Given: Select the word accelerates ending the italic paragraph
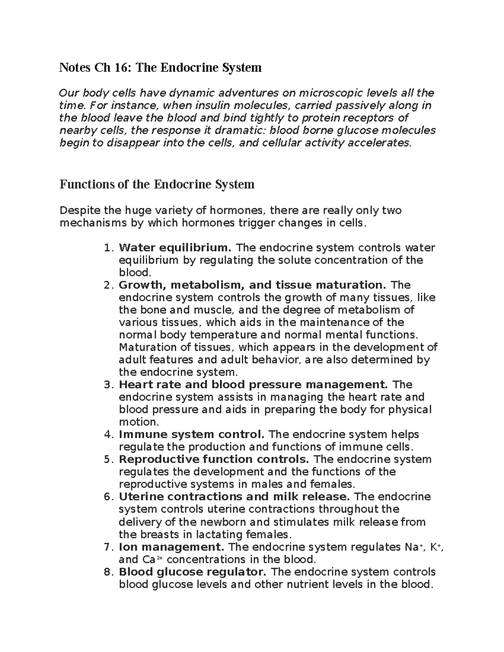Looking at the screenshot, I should click(x=381, y=143).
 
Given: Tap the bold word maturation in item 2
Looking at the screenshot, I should click(x=351, y=285).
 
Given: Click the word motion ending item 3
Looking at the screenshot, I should click(x=138, y=422).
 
